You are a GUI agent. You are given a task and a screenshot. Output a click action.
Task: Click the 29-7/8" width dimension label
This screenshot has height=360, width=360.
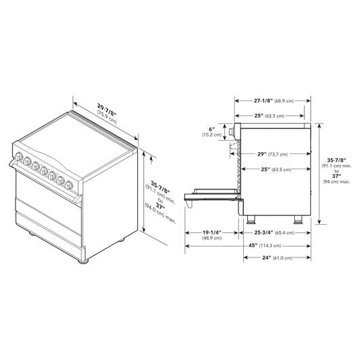[107, 110]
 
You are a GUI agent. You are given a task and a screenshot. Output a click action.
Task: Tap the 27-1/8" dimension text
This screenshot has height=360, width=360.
[264, 101]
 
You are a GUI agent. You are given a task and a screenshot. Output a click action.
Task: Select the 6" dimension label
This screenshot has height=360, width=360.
[212, 130]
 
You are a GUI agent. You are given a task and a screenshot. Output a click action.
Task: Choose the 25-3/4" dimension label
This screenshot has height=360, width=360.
[264, 232]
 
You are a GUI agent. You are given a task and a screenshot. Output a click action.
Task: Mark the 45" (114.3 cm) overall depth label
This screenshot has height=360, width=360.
[265, 245]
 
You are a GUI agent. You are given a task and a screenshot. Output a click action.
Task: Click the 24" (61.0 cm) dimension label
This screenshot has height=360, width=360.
[277, 258]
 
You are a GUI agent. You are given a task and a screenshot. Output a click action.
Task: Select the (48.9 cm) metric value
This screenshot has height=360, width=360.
[212, 238]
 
